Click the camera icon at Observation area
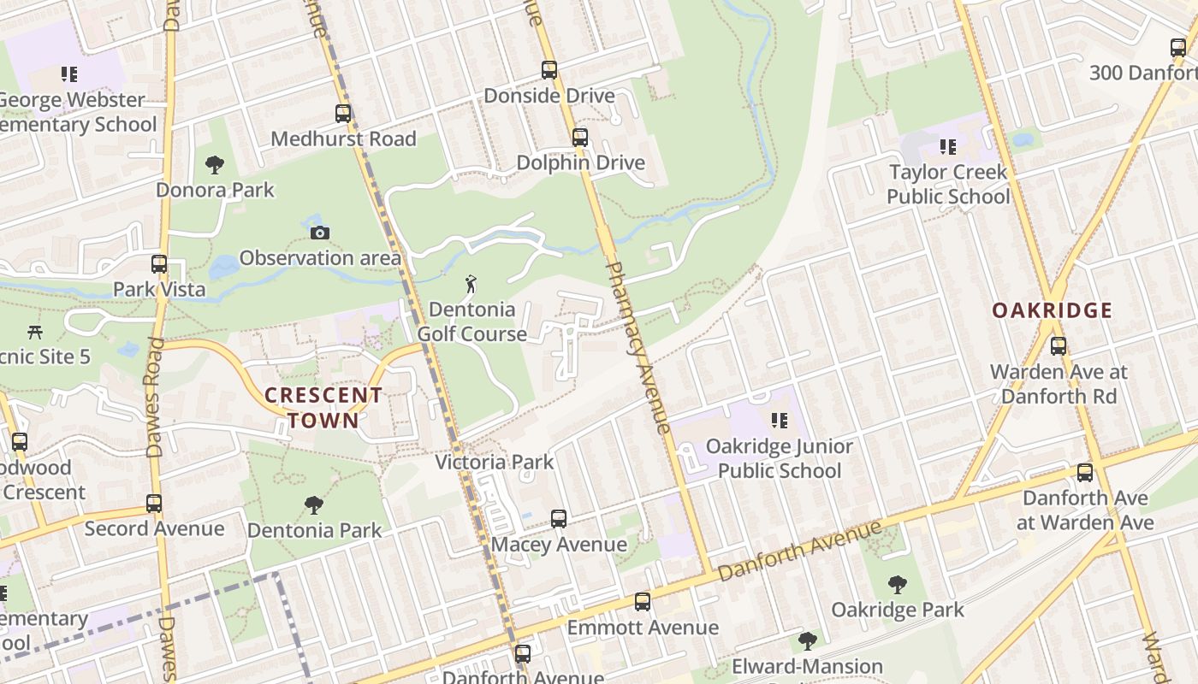coord(320,233)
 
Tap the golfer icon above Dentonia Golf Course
coord(471,284)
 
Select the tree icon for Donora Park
coord(215,164)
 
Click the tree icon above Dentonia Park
coord(314,505)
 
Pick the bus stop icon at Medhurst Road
coord(343,113)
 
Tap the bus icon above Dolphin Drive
coord(580,137)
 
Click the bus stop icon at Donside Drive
coord(549,70)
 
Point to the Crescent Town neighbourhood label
coord(323,408)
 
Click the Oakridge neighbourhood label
coord(1052,310)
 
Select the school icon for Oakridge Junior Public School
coord(779,421)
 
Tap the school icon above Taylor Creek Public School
coord(947,147)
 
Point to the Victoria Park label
coord(495,463)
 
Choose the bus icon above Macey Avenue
coord(559,519)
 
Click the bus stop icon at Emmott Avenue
coord(643,602)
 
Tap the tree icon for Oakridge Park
coord(898,585)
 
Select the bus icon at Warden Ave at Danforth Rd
coord(1059,346)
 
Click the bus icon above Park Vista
coord(159,264)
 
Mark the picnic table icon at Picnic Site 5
coord(35,331)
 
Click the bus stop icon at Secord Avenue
coord(154,504)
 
